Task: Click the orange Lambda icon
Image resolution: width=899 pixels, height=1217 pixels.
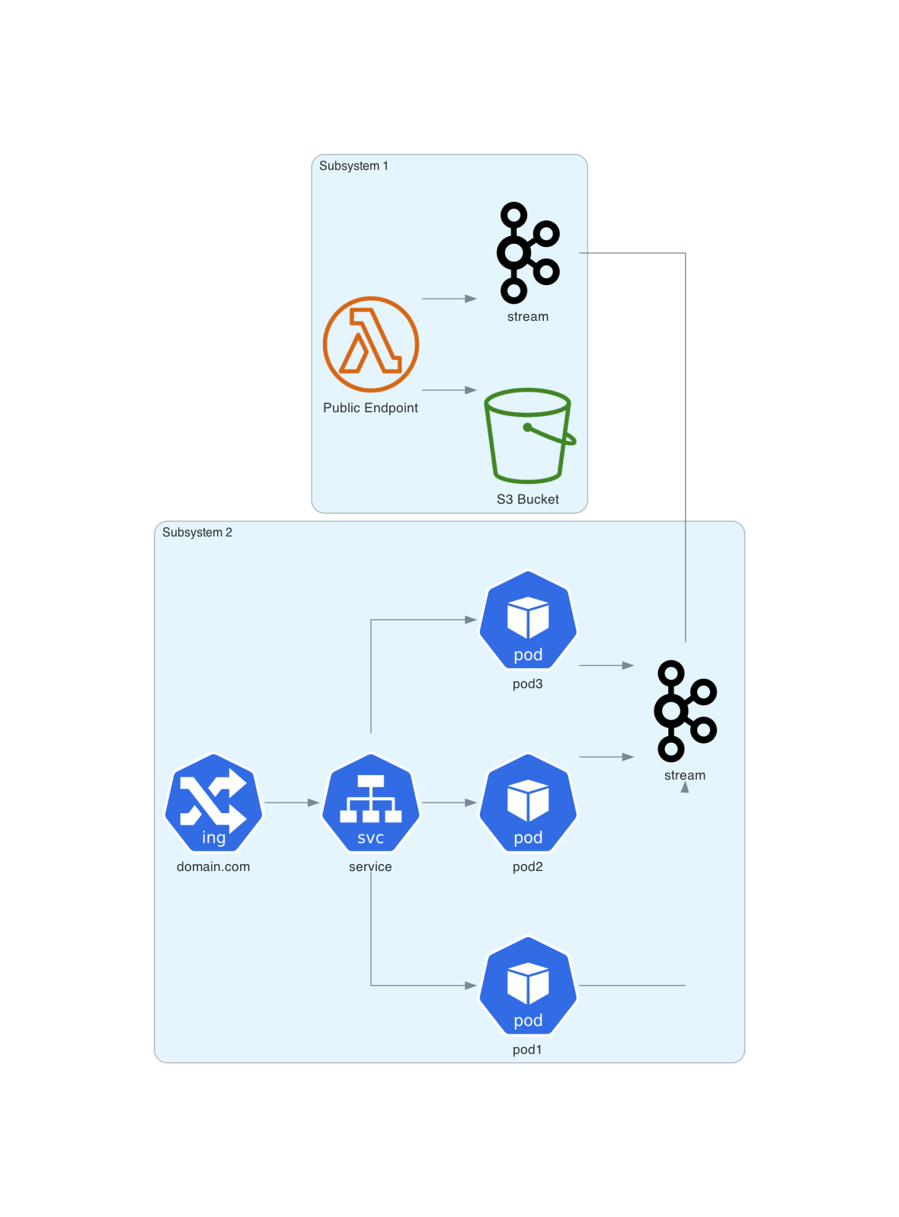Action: (370, 344)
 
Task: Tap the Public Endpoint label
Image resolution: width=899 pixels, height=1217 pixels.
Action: (370, 408)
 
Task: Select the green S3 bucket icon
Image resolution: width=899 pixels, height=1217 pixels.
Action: (528, 436)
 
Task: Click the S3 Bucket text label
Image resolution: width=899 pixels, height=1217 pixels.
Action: (528, 499)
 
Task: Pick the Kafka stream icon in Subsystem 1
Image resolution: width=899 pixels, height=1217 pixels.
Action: (528, 252)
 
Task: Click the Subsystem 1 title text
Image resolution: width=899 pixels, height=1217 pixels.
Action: (354, 166)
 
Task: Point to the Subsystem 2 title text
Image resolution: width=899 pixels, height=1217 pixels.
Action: (197, 533)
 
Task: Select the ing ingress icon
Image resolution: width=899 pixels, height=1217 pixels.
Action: (213, 802)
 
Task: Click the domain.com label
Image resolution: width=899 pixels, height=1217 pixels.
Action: (213, 866)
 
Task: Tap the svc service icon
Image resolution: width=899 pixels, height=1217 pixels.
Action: (370, 802)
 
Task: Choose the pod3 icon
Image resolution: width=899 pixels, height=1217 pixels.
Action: (528, 620)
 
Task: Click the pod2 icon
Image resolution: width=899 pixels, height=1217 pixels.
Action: (528, 802)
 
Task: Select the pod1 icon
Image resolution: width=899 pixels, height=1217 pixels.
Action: (528, 985)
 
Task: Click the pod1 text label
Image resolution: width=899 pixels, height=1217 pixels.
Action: (527, 1049)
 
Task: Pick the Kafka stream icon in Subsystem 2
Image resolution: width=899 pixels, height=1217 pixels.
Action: (685, 711)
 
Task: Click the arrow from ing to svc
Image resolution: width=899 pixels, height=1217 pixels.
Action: (291, 802)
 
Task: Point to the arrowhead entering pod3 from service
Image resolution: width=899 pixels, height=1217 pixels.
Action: (471, 620)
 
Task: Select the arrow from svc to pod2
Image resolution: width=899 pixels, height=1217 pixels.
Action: (449, 802)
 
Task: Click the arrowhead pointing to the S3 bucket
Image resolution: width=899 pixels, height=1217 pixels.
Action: (471, 390)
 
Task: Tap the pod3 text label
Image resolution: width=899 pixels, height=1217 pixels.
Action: (527, 684)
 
